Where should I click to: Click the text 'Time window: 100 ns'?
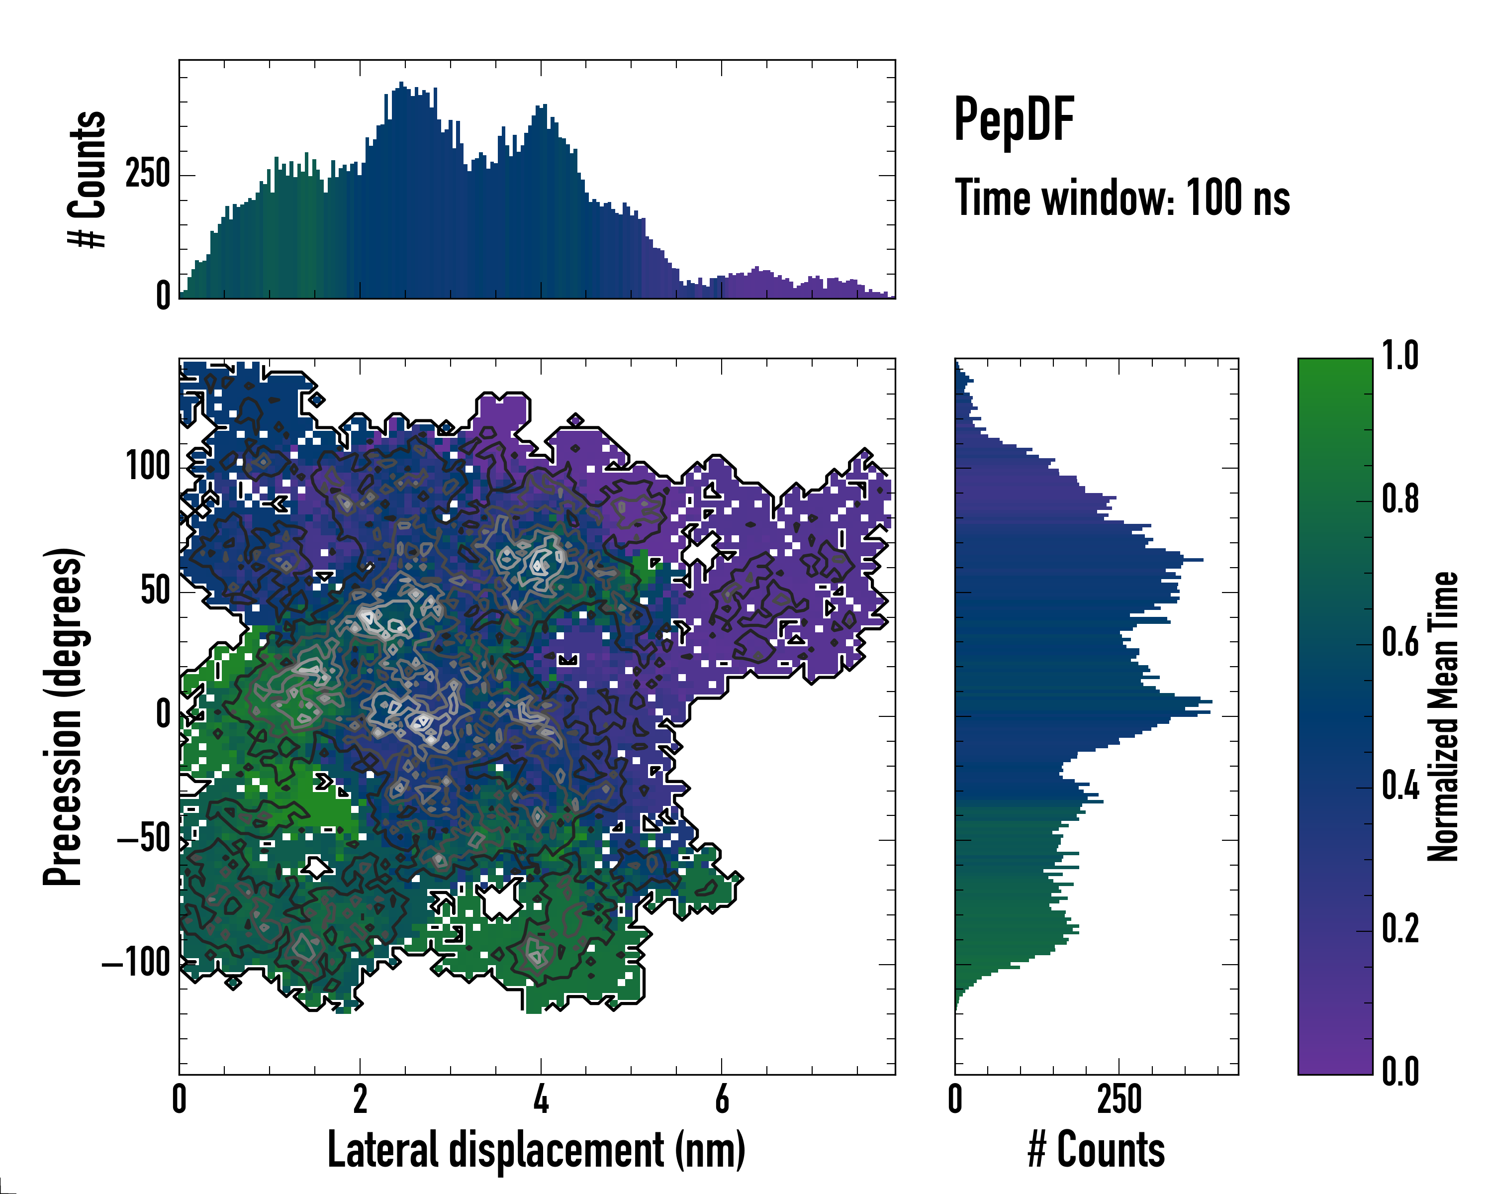pos(1122,198)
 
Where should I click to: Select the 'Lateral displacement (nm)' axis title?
pos(536,1150)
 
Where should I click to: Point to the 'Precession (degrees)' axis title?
pos(64,716)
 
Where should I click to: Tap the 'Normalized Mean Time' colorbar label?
pos(1442,716)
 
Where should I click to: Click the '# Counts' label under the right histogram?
pos(1096,1150)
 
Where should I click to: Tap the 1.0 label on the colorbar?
pos(1400,357)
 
